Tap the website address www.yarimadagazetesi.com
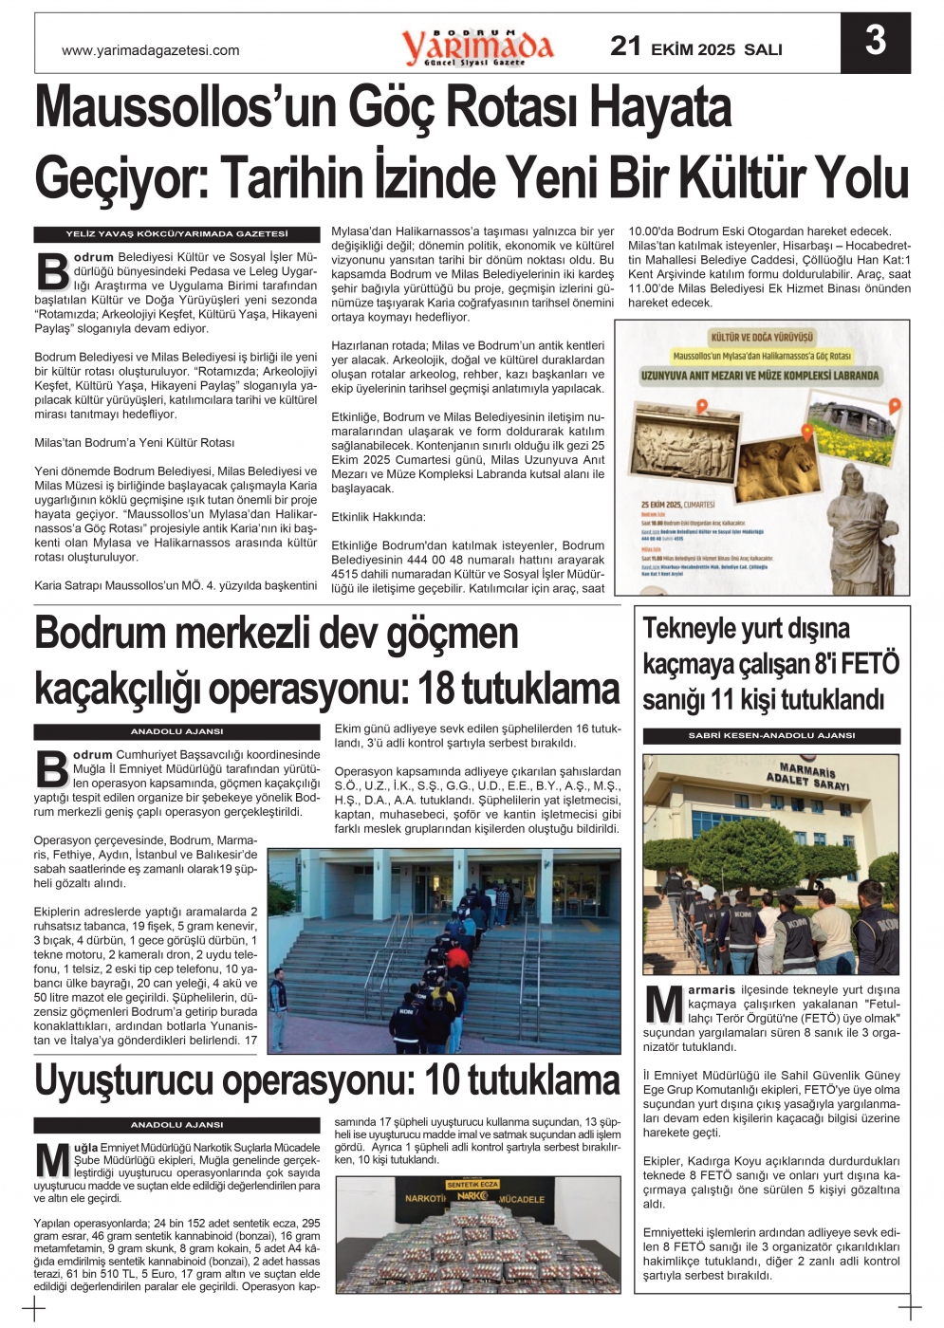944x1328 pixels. pyautogui.click(x=150, y=51)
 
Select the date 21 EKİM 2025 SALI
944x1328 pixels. pyautogui.click(x=695, y=47)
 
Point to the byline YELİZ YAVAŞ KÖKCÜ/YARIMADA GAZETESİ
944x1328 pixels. pyautogui.click(x=176, y=234)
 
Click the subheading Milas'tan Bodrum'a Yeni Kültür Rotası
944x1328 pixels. pyautogui.click(x=134, y=443)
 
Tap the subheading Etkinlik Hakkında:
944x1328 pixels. pyautogui.click(x=379, y=517)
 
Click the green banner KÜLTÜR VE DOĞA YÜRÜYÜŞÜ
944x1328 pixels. pyautogui.click(x=762, y=337)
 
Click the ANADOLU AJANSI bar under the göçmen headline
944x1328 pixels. pyautogui.click(x=176, y=732)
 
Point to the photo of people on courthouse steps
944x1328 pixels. pyautogui.click(x=444, y=950)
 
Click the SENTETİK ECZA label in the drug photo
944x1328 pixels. pyautogui.click(x=472, y=1185)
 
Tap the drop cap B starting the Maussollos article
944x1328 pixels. pyautogui.click(x=52, y=270)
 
